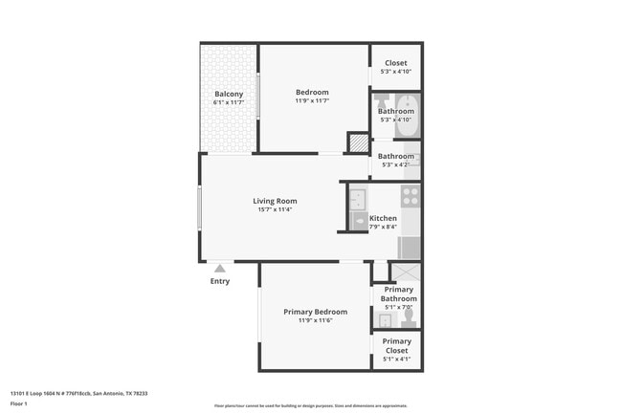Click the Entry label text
[x=219, y=281]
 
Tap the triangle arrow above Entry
[x=219, y=269]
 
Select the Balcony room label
[x=229, y=94]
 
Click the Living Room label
[x=275, y=201]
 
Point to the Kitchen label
[x=383, y=218]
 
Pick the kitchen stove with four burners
[x=411, y=196]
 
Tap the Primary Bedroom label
[x=315, y=312]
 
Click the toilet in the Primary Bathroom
[x=409, y=315]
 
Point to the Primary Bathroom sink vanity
[x=385, y=320]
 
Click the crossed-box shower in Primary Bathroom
[x=406, y=272]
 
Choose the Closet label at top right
[x=395, y=63]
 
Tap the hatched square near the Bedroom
[x=357, y=142]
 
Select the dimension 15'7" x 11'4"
[x=275, y=210]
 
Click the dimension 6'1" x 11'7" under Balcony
[x=229, y=102]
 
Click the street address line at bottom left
[x=78, y=393]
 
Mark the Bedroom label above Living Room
[x=312, y=92]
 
